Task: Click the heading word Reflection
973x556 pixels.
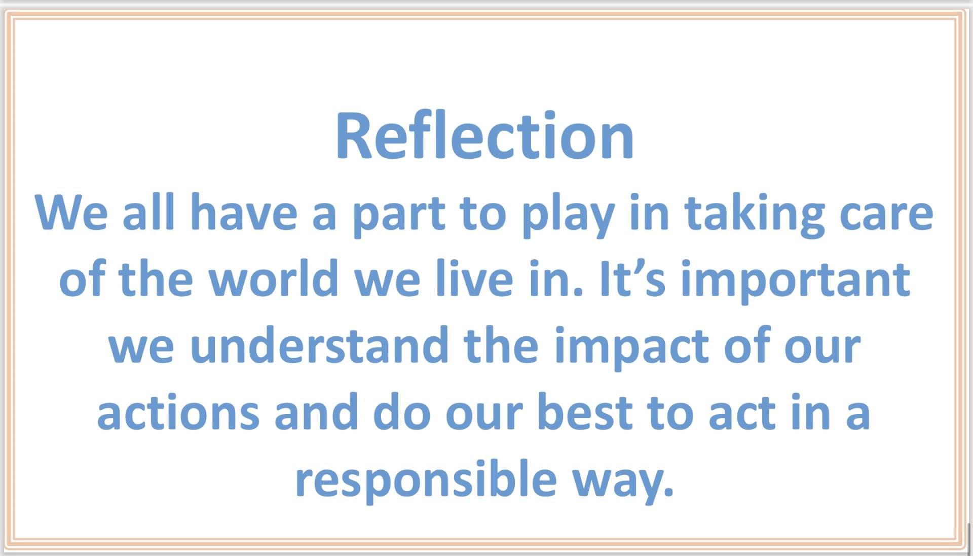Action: coord(484,135)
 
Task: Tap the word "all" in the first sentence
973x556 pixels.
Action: coord(148,212)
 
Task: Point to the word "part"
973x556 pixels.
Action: coord(399,215)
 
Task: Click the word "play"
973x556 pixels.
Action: coord(569,215)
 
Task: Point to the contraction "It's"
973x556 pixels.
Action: coord(632,278)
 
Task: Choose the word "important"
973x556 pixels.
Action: coord(796,282)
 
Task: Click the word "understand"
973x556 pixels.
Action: coord(320,345)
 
